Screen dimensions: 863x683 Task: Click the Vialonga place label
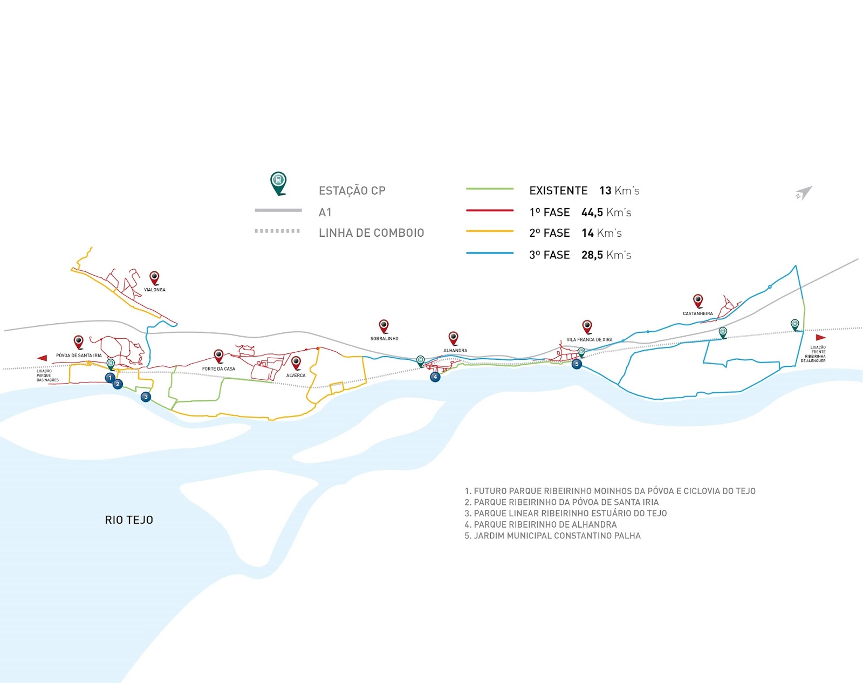tap(155, 290)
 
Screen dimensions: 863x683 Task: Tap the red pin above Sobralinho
tap(383, 325)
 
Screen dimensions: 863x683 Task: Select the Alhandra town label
tap(455, 351)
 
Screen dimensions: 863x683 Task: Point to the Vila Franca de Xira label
tap(589, 340)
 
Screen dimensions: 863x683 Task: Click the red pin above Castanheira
tap(698, 300)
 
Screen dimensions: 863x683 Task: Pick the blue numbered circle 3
tap(145, 397)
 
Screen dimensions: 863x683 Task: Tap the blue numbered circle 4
tap(435, 377)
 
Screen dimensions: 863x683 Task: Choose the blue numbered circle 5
tap(577, 364)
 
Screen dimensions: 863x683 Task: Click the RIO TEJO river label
tap(129, 520)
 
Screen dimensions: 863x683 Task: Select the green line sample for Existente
tap(489, 189)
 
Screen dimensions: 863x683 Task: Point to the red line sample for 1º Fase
tap(489, 211)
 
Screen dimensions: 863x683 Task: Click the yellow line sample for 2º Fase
tap(489, 231)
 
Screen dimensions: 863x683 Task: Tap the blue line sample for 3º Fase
tap(489, 253)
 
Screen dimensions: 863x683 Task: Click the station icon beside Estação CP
tap(278, 182)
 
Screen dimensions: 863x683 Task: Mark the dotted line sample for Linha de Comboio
tap(277, 231)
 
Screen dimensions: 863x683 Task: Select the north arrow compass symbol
tap(803, 193)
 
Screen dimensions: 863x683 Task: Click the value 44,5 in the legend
tap(592, 213)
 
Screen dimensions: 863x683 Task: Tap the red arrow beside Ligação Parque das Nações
tap(42, 358)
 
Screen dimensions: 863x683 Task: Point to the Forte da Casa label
tap(218, 369)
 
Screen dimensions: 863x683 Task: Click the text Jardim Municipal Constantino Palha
tap(557, 536)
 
